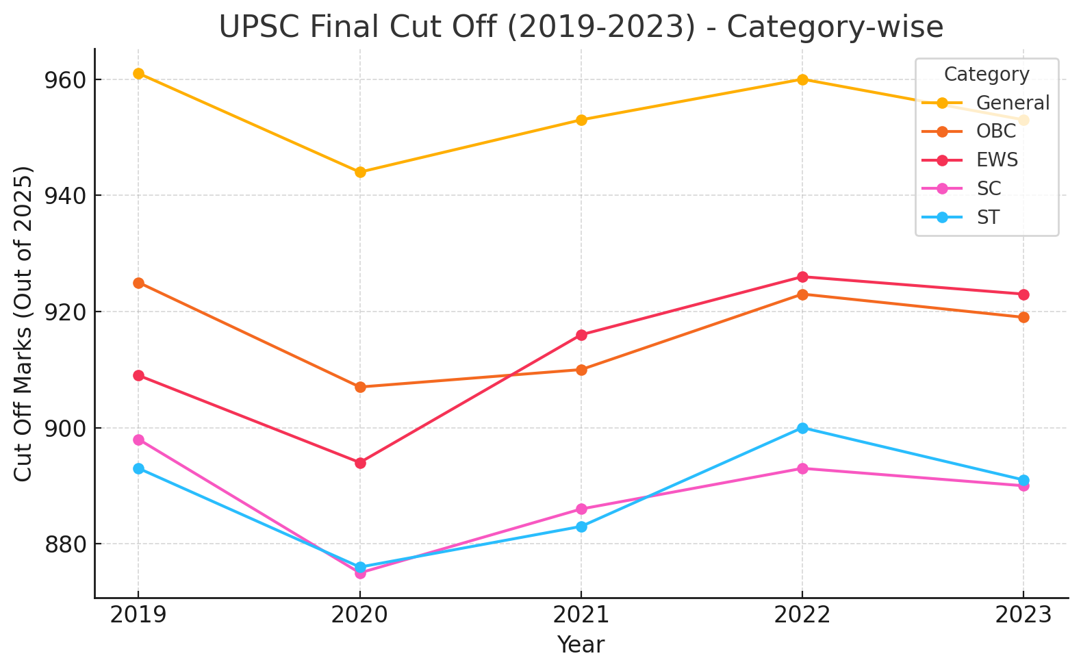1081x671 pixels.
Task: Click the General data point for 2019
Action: tap(138, 73)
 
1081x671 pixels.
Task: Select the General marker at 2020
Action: tap(360, 172)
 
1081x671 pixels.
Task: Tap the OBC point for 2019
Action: tap(138, 283)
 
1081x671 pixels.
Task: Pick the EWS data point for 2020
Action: tap(360, 463)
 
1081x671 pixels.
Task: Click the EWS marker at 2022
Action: tap(802, 277)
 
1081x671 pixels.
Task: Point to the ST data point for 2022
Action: tap(802, 428)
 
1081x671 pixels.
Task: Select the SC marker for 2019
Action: tap(138, 440)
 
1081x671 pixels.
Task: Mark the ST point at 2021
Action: tap(581, 527)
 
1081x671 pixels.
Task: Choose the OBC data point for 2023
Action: tap(1023, 317)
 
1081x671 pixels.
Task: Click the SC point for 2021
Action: tap(581, 509)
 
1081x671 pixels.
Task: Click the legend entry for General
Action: tap(1012, 103)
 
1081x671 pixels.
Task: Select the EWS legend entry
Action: tap(997, 160)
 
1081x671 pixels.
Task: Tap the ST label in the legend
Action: tap(987, 218)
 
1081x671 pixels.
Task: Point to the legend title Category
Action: tap(986, 74)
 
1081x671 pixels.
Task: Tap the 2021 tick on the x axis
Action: tap(581, 615)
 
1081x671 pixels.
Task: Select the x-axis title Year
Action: tap(581, 645)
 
